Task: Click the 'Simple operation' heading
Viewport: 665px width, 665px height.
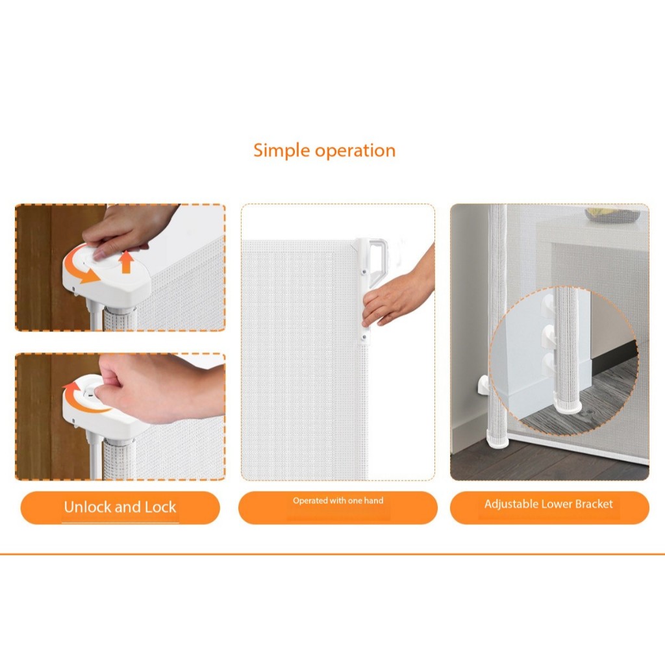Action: tap(325, 151)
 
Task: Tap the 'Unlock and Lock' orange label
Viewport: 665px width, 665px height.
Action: tap(120, 508)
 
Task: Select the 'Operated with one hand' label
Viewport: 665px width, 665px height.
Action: tap(338, 501)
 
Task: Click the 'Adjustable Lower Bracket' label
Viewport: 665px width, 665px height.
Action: tap(549, 504)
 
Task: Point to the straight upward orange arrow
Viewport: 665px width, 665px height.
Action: tap(125, 262)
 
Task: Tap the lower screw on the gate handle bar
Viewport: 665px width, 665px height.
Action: tap(364, 337)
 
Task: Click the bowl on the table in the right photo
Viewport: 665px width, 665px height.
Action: tap(612, 214)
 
